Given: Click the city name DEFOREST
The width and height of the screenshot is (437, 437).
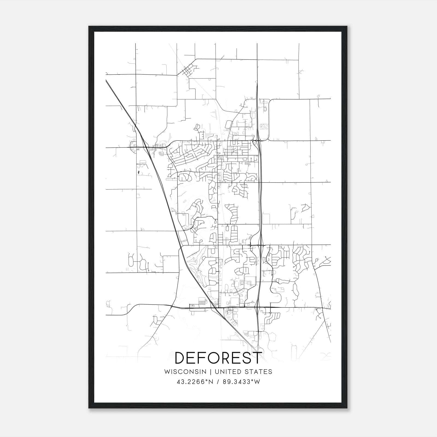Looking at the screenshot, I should pos(218,358).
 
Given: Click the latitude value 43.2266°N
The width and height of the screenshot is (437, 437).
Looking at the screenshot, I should pos(194,382).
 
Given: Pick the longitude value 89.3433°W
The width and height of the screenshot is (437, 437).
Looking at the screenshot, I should pos(241,382).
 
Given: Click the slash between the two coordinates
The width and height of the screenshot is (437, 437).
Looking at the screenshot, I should pos(217,382).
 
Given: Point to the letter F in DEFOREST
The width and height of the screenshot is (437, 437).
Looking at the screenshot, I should pos(203,358).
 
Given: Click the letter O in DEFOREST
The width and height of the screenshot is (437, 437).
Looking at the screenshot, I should pos(215,358).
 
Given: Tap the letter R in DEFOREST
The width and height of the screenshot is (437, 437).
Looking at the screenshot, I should pos(229,358).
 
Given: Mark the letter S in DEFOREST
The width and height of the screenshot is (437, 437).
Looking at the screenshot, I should pos(248,358).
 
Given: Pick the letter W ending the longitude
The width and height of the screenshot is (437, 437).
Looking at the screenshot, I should pos(257,382).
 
